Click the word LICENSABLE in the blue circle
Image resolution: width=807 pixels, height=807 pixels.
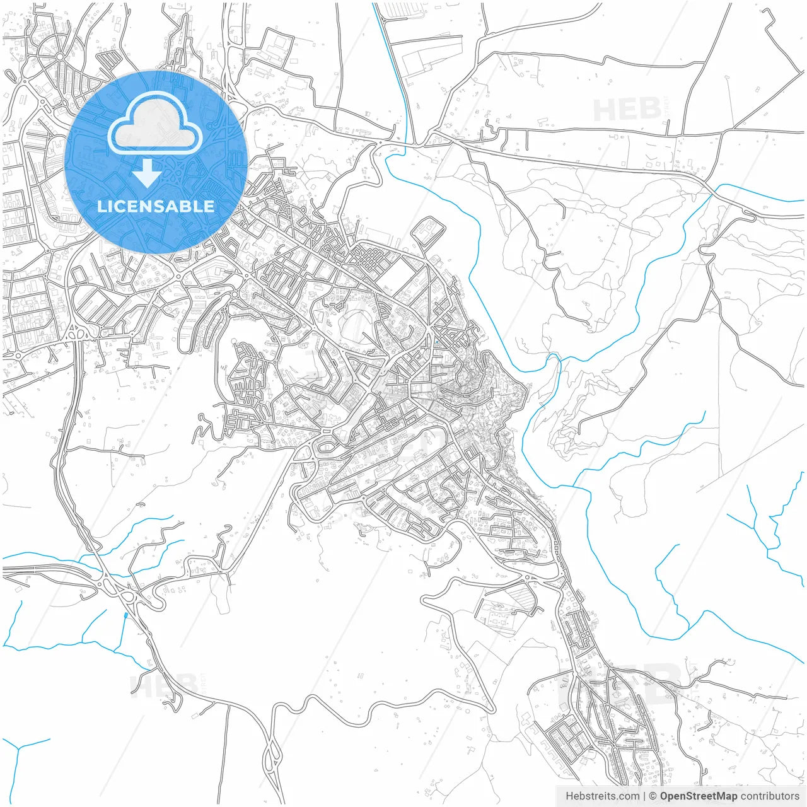pos(156,206)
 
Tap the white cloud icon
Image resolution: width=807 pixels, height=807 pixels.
pos(155,124)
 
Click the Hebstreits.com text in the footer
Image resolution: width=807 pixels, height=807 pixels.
pos(601,796)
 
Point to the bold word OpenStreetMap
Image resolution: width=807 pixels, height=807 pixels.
pos(698,796)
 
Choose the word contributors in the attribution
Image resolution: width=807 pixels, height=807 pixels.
pos(769,796)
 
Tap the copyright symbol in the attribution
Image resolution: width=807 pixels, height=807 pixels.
pos(653,796)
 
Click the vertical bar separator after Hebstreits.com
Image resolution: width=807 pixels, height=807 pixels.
pos(644,796)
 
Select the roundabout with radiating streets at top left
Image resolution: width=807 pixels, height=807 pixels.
pos(59,57)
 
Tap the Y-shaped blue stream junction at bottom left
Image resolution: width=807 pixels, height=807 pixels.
pos(21,748)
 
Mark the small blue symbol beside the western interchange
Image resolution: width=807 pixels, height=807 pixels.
pos(126,615)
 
